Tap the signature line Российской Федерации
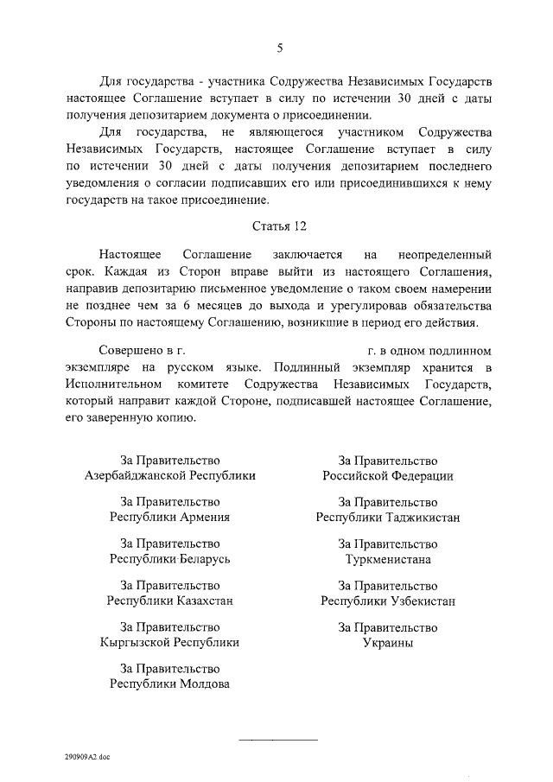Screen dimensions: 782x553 388,476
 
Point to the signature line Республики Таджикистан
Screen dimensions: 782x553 388,518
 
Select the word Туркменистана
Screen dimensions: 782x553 388,559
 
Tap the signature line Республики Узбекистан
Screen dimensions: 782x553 388,601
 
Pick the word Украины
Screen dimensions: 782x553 388,642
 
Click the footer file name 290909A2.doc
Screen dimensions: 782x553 86,757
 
